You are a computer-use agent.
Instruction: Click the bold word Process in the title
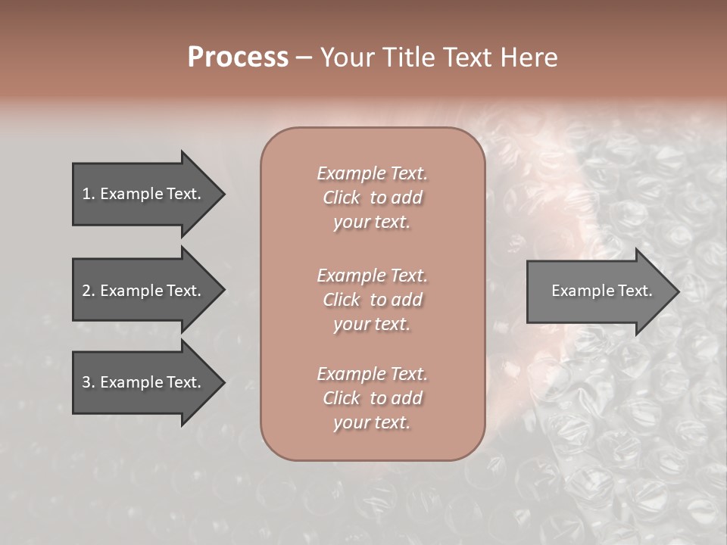click(238, 58)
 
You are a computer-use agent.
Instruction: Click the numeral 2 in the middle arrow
click(86, 291)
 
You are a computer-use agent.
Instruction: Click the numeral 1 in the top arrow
click(86, 194)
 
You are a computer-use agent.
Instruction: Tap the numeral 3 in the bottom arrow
click(86, 382)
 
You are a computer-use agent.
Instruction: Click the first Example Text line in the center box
click(372, 173)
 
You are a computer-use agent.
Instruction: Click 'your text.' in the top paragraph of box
click(372, 223)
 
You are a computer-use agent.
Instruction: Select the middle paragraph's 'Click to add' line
click(372, 300)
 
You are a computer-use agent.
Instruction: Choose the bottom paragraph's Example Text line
click(372, 374)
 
